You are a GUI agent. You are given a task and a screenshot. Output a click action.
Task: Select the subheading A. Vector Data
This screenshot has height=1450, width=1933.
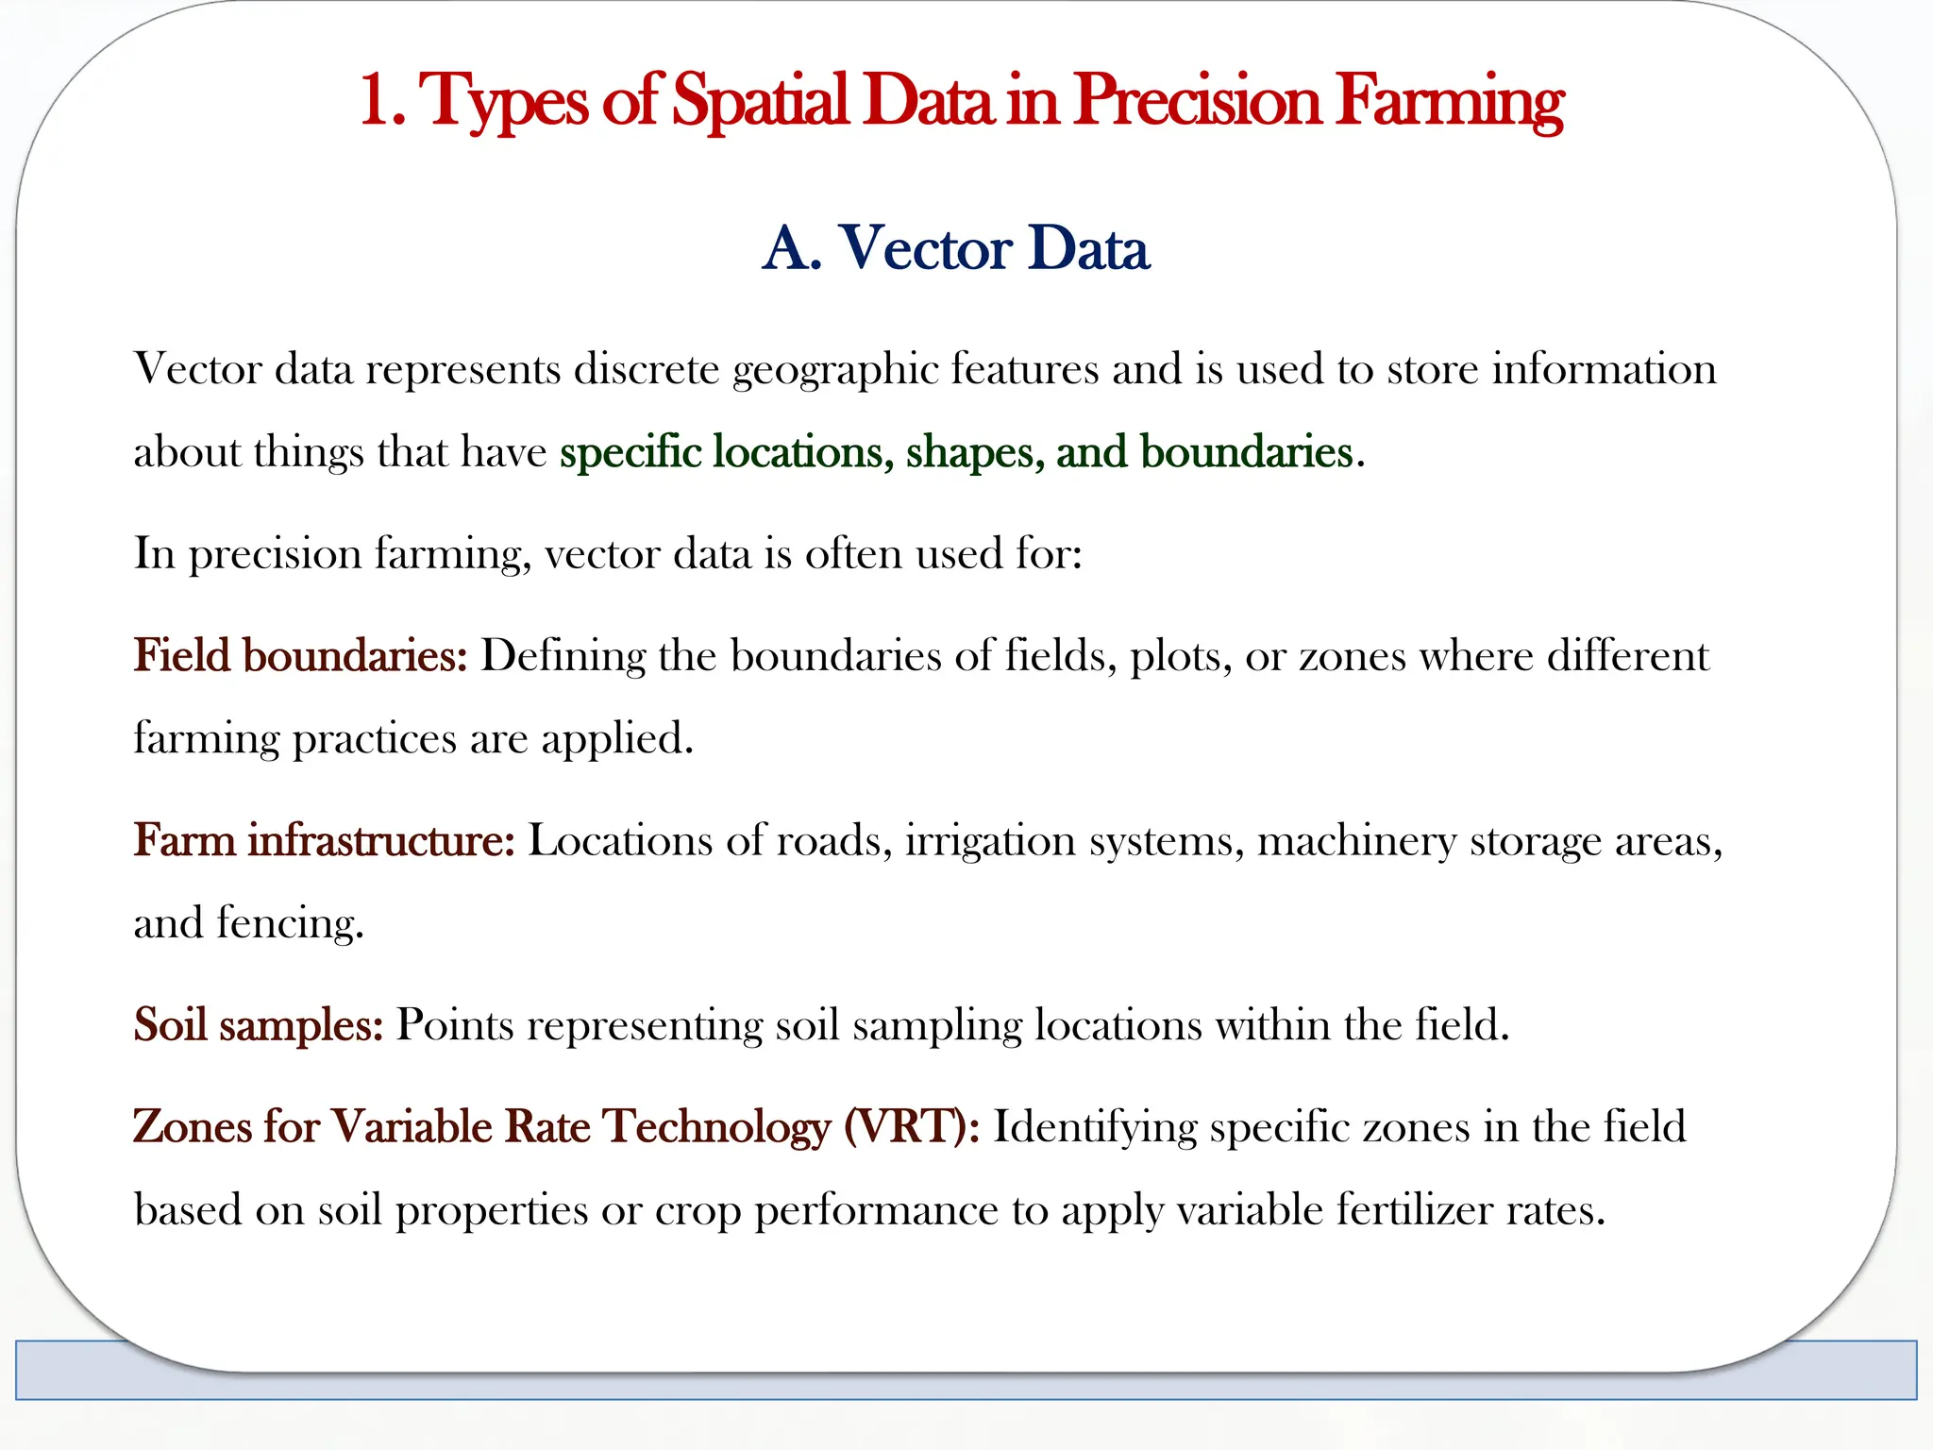[x=955, y=248]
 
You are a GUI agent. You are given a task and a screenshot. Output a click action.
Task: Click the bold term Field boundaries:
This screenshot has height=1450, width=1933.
[x=300, y=655]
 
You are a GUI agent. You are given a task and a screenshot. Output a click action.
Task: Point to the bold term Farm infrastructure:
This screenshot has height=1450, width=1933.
[x=324, y=840]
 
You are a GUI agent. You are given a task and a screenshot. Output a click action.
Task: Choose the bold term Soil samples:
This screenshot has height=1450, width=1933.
[x=258, y=1024]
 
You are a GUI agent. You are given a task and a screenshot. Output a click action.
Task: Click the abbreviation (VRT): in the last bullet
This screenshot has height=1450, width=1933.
[x=912, y=1126]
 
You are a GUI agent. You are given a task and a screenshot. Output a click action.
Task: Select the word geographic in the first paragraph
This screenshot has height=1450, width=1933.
[x=834, y=369]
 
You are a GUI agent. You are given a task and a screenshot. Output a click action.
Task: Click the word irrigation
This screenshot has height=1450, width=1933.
[x=990, y=840]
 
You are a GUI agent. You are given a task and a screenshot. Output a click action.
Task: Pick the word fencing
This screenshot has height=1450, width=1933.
[x=289, y=923]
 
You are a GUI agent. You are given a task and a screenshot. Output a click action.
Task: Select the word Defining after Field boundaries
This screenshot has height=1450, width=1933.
[x=563, y=656]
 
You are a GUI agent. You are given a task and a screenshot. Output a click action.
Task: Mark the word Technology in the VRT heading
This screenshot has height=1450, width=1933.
[x=716, y=1126]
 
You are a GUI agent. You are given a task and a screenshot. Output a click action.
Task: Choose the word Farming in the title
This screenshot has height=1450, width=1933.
[x=1450, y=102]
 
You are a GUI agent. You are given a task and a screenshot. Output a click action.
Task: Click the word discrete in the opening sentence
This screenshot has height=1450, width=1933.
[x=647, y=369]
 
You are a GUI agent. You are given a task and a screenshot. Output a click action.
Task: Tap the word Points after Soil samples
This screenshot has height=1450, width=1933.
[x=454, y=1025]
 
